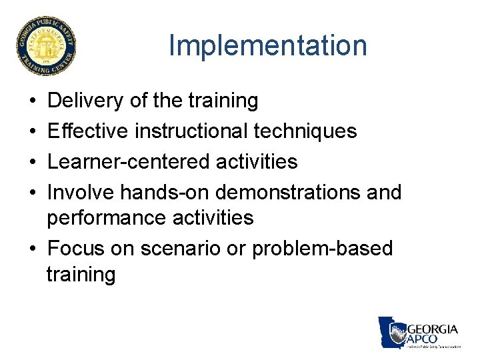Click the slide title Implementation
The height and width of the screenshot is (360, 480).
[x=267, y=46]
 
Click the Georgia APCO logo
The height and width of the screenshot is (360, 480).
[x=419, y=332]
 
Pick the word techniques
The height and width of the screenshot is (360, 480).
[x=305, y=131]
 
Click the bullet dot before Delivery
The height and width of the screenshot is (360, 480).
[x=33, y=101]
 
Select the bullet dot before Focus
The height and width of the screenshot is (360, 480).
[x=33, y=249]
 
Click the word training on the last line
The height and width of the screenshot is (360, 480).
[x=81, y=274]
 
